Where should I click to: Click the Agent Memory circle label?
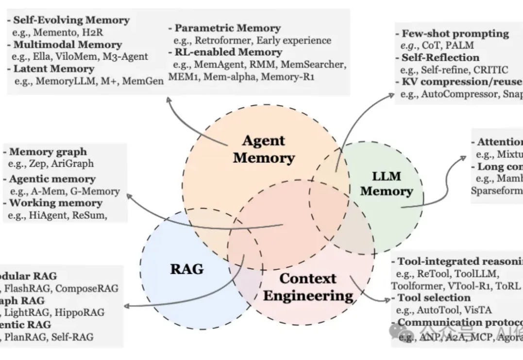(x=264, y=149)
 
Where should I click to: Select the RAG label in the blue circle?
(x=187, y=269)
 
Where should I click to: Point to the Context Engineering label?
(x=308, y=287)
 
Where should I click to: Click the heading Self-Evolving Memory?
(x=71, y=20)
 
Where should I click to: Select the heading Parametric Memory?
(x=227, y=28)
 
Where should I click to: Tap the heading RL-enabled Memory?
(x=228, y=52)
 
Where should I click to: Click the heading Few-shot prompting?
(x=455, y=33)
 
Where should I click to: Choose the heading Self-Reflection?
(x=440, y=58)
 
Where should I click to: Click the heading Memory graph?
(x=48, y=152)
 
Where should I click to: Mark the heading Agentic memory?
(x=52, y=179)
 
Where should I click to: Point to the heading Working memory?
(x=55, y=203)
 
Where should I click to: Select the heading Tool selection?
(x=434, y=297)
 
